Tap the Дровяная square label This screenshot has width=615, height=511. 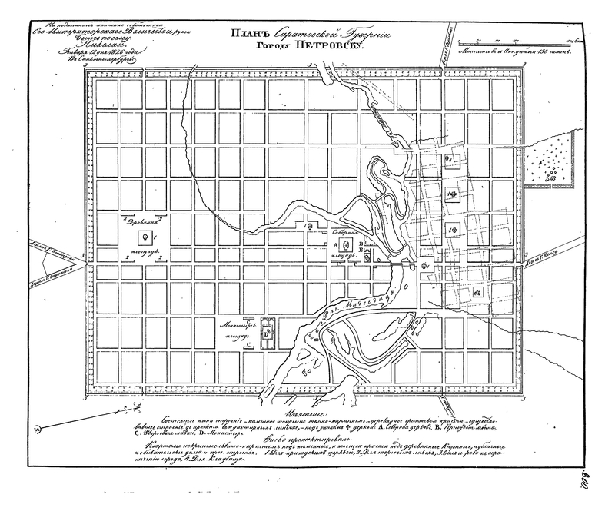point(141,221)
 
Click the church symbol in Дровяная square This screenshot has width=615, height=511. point(145,237)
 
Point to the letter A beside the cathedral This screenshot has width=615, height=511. point(337,244)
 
